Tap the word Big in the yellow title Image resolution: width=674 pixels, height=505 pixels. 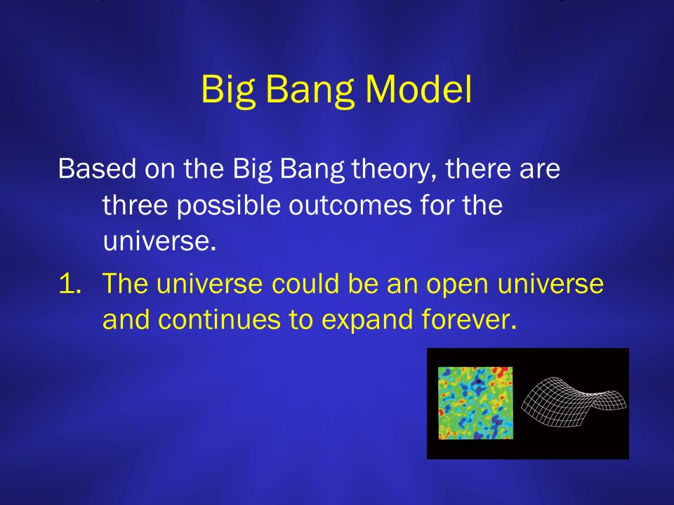[x=227, y=92]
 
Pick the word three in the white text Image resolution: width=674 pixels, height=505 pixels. [x=135, y=204]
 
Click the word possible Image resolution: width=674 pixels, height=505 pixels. [x=228, y=206]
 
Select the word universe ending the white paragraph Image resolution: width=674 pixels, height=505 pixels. [x=159, y=241]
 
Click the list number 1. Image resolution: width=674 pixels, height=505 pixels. [x=70, y=283]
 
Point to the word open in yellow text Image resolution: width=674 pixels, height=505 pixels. [x=457, y=286]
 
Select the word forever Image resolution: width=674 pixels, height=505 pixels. [x=468, y=320]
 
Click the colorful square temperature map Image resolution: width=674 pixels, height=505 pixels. [x=475, y=403]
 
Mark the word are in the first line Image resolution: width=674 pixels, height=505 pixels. [x=539, y=170]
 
